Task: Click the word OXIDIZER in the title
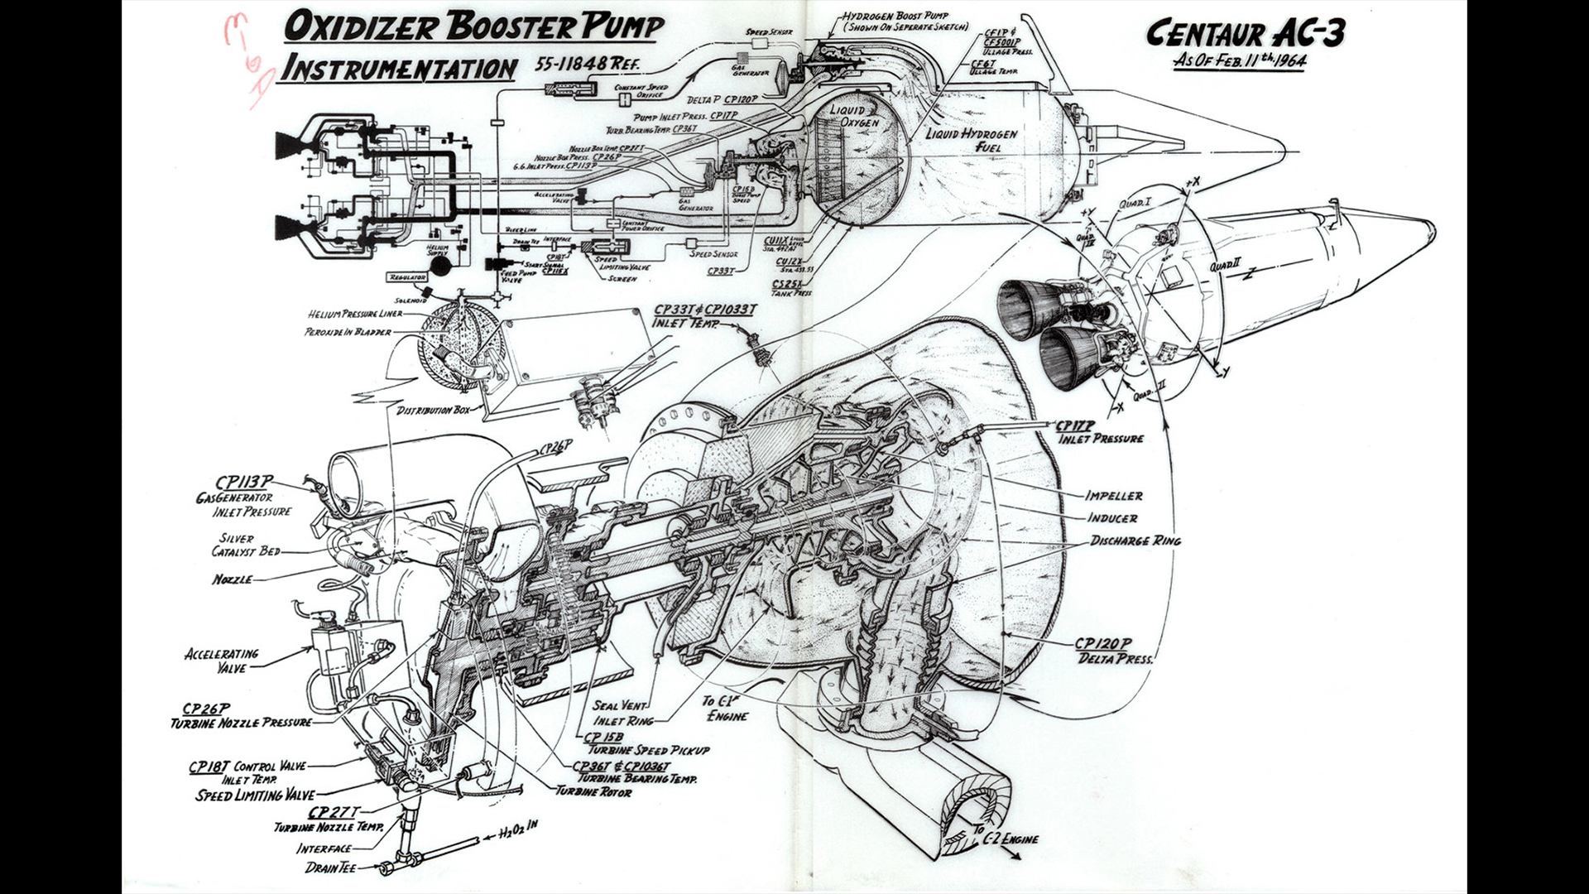pos(360,27)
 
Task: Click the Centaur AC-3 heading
pos(1245,33)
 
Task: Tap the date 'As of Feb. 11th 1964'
pos(1239,60)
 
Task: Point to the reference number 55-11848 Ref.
pos(587,64)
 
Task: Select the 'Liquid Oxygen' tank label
pos(853,116)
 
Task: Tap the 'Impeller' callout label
pos(1113,496)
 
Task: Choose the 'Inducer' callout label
pos(1111,518)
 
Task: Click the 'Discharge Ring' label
pos(1135,541)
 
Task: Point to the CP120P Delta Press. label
pos(1113,651)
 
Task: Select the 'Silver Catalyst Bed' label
pos(246,545)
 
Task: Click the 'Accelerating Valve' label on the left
pos(221,661)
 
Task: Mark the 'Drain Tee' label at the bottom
pos(330,868)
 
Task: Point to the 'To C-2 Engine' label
pos(1005,836)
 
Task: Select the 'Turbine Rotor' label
pos(593,792)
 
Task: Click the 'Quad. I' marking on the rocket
pos(1134,203)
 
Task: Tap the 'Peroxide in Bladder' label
pos(348,332)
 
